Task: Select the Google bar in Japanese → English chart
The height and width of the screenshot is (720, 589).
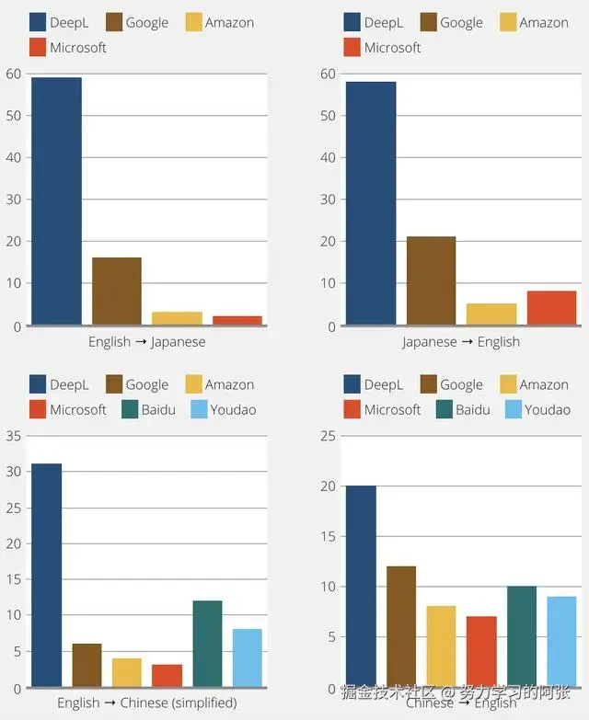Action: point(431,280)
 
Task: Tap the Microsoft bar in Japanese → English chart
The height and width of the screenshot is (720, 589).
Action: point(551,307)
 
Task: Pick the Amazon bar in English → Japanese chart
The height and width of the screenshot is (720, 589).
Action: point(177,318)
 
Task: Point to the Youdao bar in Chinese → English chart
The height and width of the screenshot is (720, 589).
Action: point(561,642)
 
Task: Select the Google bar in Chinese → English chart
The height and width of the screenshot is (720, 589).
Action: point(401,627)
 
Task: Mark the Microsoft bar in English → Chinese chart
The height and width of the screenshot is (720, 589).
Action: point(167,675)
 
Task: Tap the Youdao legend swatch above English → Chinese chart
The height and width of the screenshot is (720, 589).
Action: point(198,409)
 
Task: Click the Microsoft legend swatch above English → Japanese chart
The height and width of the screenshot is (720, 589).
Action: point(38,47)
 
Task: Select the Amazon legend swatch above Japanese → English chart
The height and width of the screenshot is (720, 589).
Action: point(509,22)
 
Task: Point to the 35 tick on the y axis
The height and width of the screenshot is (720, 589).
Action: point(13,436)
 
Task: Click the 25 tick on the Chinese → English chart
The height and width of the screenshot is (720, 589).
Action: point(327,436)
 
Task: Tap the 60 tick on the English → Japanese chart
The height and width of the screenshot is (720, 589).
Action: point(13,74)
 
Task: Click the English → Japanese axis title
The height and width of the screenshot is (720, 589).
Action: point(146,342)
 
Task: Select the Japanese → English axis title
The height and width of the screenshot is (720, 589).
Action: point(460,342)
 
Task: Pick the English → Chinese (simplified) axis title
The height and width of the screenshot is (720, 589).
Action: point(146,703)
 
